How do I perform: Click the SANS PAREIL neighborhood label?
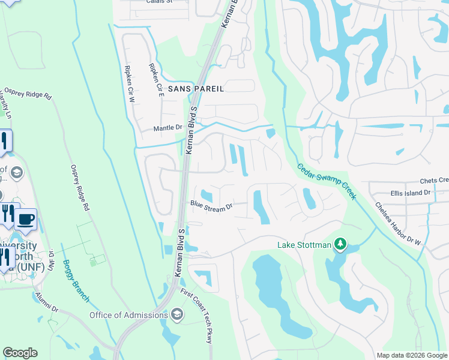[x=196, y=89]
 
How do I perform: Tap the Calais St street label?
[x=159, y=2]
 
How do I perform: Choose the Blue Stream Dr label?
[x=211, y=206]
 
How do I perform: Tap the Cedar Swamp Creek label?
[x=327, y=182]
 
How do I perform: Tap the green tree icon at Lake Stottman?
[x=341, y=244]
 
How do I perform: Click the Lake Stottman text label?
[x=304, y=244]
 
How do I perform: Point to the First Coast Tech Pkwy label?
[x=197, y=316]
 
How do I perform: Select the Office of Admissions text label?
[x=128, y=315]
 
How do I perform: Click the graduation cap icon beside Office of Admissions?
[x=177, y=314]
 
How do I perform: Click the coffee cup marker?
[x=25, y=220]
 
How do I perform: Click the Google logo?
[x=20, y=353]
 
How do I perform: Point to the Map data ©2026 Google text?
[x=411, y=355]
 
